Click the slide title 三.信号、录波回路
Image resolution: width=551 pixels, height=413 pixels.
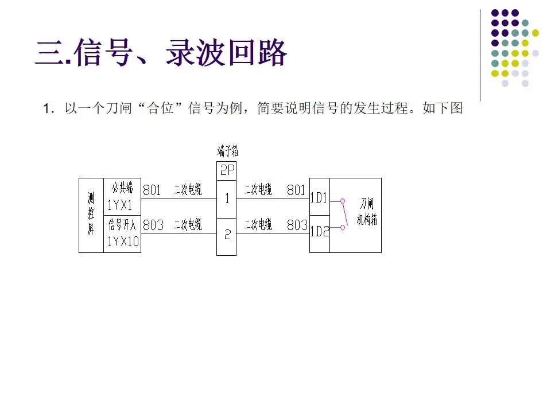coord(161,54)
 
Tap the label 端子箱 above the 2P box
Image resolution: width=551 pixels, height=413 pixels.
coord(227,151)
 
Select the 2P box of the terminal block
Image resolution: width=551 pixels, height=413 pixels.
coord(227,170)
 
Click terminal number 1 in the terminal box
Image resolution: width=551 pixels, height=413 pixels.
coord(227,199)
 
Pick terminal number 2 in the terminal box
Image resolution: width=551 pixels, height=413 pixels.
coord(227,235)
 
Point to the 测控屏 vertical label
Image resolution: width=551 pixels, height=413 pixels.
coord(91,215)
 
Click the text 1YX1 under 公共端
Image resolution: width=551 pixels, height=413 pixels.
coord(120,205)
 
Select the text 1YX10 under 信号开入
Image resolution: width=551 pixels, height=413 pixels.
coord(123,241)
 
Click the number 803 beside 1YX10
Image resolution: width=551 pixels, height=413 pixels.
coord(153,225)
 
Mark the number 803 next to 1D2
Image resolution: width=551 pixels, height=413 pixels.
coord(297,225)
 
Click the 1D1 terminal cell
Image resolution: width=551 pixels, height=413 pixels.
coord(319,198)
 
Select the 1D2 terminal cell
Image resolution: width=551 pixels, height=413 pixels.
coord(319,232)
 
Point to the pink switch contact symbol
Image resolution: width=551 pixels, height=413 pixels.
coord(343,215)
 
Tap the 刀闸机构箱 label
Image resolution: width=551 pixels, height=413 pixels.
coord(367,212)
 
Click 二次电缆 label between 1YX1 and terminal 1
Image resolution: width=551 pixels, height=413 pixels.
coord(187,190)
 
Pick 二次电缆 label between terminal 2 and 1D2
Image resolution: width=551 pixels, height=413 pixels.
coord(258,225)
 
